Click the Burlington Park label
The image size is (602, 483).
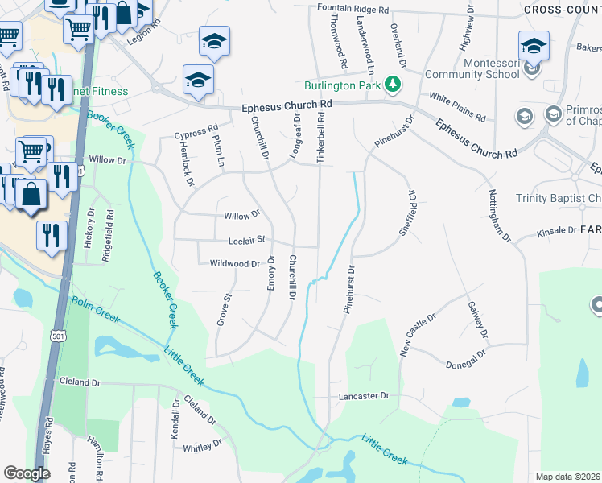tap(342, 86)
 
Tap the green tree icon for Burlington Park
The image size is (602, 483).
tap(393, 84)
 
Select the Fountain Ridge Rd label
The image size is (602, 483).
tap(353, 9)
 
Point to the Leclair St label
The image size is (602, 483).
tap(247, 240)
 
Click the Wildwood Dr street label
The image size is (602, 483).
tap(235, 263)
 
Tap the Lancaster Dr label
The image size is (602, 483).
tap(363, 396)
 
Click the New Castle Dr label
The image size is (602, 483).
tap(418, 335)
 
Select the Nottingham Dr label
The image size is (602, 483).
tap(500, 215)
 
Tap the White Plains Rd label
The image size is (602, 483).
tap(457, 107)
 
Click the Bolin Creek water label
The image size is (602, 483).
tap(95, 310)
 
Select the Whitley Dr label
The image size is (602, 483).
tap(202, 447)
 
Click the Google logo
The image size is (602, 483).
tap(27, 473)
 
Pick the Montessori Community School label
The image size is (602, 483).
tap(472, 68)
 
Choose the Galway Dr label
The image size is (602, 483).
tap(477, 320)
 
